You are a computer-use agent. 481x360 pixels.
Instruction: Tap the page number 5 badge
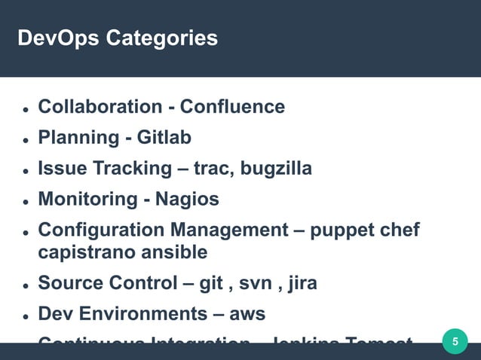(454, 343)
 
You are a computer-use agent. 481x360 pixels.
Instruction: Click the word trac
(213, 169)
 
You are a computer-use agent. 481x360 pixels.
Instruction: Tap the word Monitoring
(87, 200)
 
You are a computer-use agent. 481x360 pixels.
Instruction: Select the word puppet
(343, 230)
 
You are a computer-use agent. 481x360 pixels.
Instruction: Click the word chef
(400, 230)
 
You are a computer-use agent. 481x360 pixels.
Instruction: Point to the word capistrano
(82, 252)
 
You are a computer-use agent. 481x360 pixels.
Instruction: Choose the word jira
(299, 283)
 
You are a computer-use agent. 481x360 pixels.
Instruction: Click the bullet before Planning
(25, 140)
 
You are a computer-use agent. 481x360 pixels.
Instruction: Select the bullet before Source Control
(25, 285)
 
